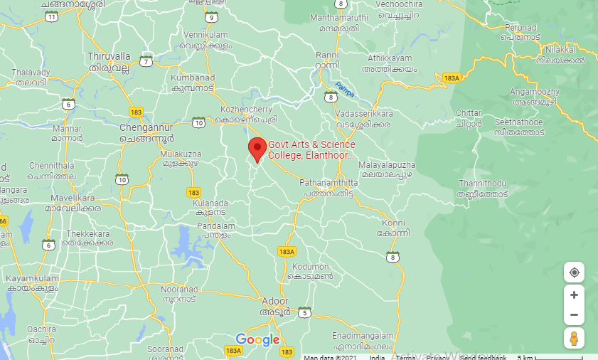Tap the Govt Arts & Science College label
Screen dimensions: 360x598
[311, 150]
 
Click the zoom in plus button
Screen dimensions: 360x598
[574, 295]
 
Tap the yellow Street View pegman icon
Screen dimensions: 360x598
[574, 339]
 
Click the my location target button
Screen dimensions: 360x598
[574, 272]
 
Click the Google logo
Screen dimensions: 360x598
[257, 339]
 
